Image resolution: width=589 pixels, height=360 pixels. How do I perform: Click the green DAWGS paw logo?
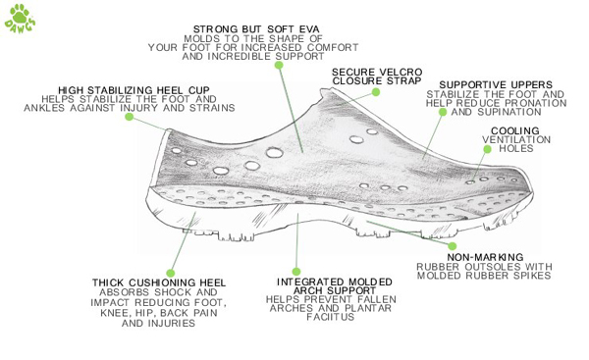[20, 19]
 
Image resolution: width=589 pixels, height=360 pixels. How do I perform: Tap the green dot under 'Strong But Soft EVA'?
[279, 65]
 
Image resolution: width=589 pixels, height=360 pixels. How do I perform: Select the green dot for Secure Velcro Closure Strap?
[376, 92]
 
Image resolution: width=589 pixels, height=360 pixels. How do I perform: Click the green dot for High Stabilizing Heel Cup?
[130, 117]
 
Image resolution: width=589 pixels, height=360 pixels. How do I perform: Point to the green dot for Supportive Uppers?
[443, 112]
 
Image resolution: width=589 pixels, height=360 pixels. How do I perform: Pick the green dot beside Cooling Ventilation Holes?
[487, 149]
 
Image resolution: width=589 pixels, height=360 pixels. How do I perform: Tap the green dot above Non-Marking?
[453, 246]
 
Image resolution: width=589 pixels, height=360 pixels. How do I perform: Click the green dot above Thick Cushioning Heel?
[171, 273]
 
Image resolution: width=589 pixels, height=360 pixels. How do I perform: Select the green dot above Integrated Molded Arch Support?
[296, 272]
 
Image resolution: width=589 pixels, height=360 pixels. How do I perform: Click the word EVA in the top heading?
[309, 29]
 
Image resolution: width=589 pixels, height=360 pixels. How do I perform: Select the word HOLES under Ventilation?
[516, 148]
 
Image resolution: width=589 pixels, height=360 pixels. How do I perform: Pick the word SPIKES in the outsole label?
[530, 276]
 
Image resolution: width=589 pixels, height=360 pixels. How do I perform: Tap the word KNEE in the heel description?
[114, 313]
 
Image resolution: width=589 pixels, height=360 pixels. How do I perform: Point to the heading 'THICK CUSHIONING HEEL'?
[159, 283]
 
